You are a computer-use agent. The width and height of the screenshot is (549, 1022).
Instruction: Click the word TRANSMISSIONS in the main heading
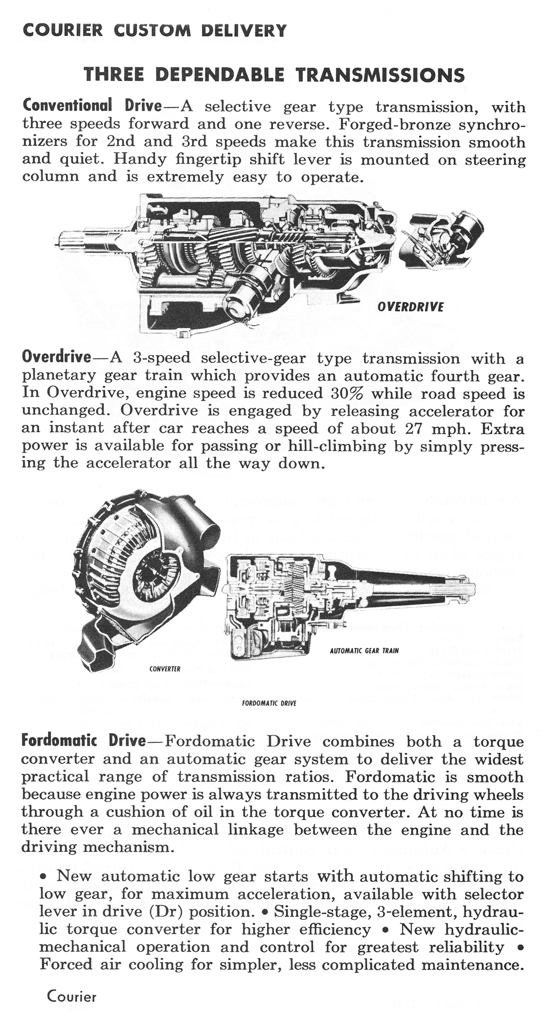coord(380,75)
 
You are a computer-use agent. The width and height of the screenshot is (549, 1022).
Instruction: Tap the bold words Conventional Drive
coord(92,106)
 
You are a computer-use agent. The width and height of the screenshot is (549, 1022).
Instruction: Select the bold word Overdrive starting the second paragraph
coord(56,357)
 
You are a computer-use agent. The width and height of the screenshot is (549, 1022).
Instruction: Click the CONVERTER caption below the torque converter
coord(164,669)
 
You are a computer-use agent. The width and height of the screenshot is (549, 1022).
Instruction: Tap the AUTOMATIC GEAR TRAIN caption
coord(364,651)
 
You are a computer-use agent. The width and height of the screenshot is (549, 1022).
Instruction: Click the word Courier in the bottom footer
coord(71,996)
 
